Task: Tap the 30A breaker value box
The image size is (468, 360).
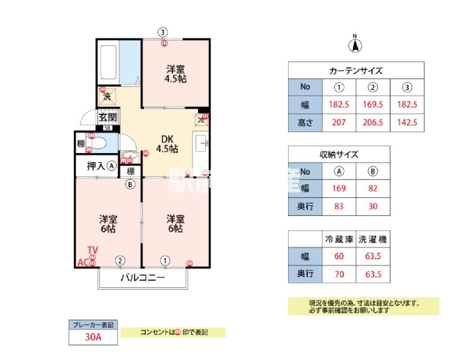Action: click(92, 337)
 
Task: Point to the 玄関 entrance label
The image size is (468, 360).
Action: click(107, 118)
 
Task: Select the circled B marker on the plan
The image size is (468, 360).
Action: click(130, 185)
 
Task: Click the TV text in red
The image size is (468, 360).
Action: click(92, 250)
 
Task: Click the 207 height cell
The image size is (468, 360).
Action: click(339, 124)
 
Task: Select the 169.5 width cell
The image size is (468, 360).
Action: click(373, 105)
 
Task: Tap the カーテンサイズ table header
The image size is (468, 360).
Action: click(356, 70)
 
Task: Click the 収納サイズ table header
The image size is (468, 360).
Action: click(339, 154)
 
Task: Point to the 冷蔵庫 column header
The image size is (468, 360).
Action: click(339, 239)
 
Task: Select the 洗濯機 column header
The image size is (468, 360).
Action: click(373, 239)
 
